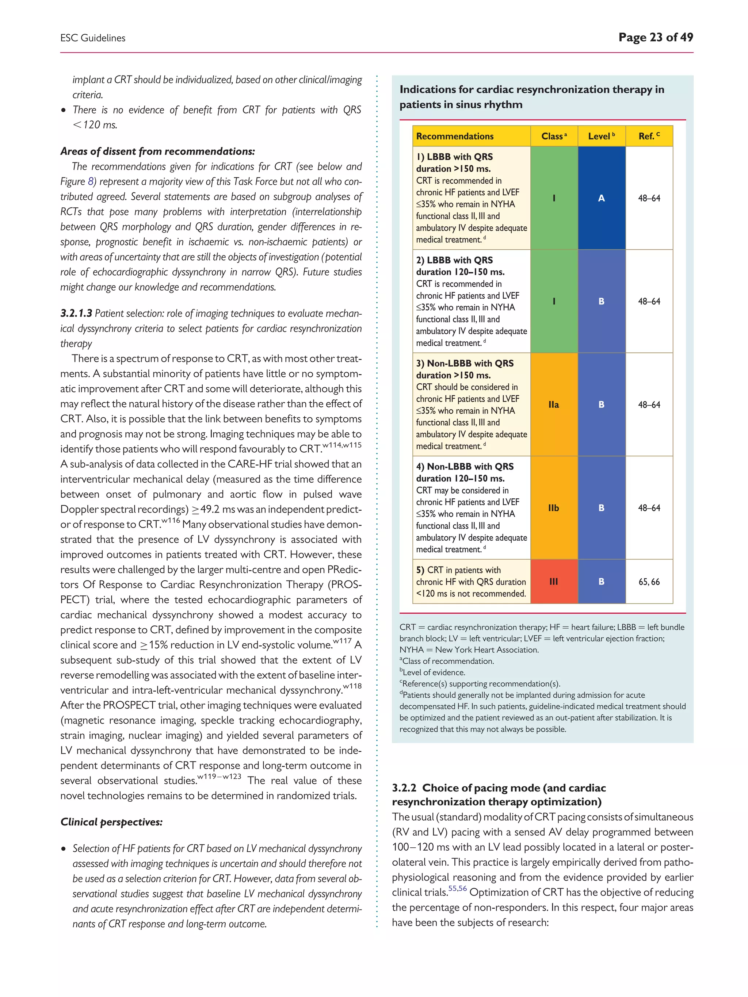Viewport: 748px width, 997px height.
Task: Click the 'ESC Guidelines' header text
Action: [93, 38]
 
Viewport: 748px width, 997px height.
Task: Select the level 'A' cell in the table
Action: [601, 198]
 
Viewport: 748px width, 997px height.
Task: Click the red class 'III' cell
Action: [554, 582]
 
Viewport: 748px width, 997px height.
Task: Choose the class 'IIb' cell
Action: [554, 508]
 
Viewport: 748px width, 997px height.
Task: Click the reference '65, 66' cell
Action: [649, 582]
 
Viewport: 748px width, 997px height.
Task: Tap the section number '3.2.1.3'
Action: [76, 313]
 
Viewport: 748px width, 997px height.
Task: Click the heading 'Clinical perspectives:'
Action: [111, 822]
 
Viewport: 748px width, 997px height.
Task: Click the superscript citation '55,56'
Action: [457, 888]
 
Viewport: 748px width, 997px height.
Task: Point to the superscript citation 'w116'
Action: [171, 521]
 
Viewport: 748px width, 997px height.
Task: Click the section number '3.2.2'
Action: [404, 788]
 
